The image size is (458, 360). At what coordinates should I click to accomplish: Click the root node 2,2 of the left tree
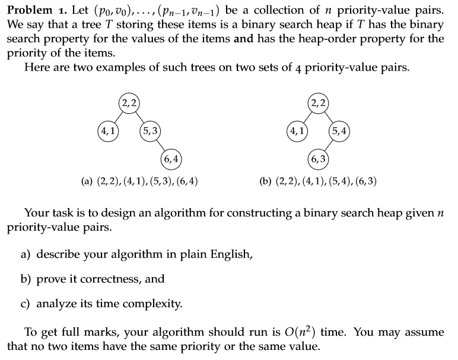pyautogui.click(x=129, y=103)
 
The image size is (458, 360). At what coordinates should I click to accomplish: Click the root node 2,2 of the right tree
pyautogui.click(x=320, y=103)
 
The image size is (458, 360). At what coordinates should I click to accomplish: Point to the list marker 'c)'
pyautogui.click(x=26, y=304)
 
